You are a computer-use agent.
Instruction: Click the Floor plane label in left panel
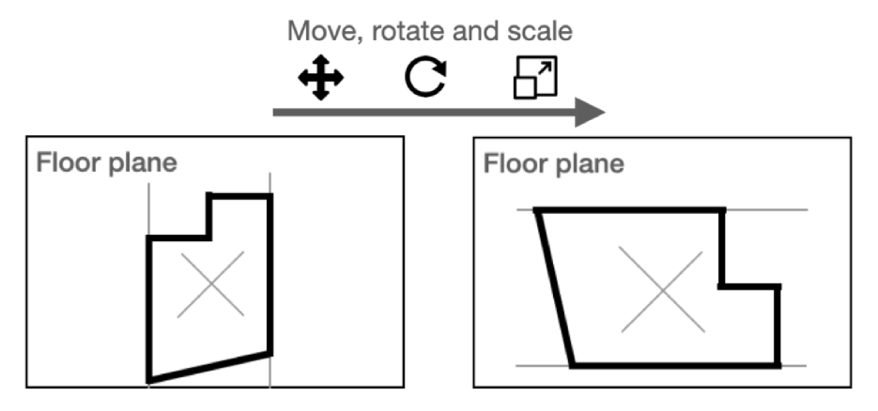pos(106,163)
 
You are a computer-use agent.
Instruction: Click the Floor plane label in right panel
pos(553,163)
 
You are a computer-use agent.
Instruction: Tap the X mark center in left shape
pos(210,283)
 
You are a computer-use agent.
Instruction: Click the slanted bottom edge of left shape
pos(209,367)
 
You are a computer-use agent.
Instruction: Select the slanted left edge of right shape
pos(554,287)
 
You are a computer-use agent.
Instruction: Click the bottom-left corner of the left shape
pos(149,380)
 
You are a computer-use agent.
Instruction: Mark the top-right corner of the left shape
pos(270,196)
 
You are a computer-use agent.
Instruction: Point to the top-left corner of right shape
pos(537,211)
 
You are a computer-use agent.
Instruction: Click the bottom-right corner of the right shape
pos(778,364)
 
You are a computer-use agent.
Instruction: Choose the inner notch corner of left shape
pos(208,237)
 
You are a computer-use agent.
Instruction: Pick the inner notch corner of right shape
pos(721,285)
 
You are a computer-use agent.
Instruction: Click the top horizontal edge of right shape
pos(629,211)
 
